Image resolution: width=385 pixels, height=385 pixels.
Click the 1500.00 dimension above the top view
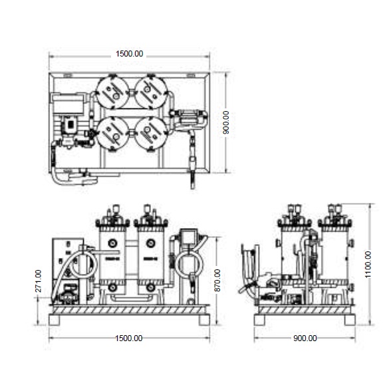click(x=129, y=54)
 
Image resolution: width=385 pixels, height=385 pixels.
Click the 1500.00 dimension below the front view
click(x=128, y=338)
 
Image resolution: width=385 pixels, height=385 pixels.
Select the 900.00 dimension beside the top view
click(x=225, y=122)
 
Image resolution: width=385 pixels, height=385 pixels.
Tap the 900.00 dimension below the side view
click(x=305, y=338)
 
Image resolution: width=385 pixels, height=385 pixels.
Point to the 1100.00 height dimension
click(x=368, y=265)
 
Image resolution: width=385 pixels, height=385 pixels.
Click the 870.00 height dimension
click(x=217, y=281)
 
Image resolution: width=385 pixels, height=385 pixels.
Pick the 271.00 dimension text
click(x=39, y=281)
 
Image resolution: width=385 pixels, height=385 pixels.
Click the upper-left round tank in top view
click(x=112, y=92)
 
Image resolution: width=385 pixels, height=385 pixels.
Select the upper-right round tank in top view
click(x=151, y=92)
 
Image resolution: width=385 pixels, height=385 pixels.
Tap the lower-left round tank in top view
click(x=112, y=134)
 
